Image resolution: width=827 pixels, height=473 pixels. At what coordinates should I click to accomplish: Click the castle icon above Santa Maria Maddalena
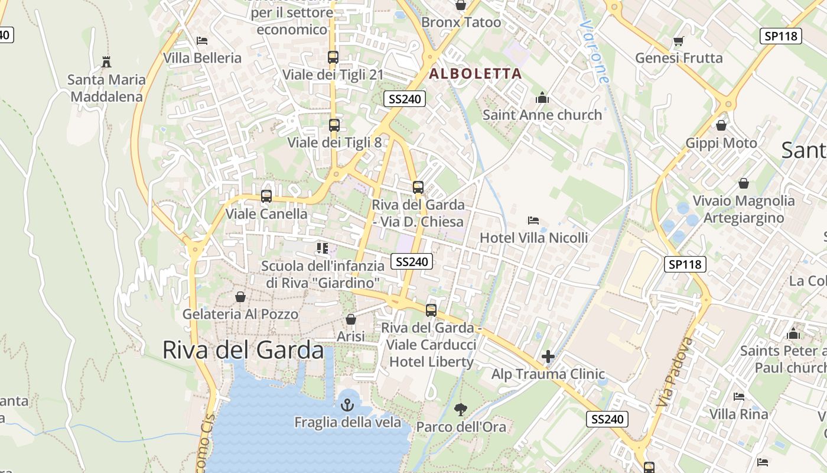(x=106, y=61)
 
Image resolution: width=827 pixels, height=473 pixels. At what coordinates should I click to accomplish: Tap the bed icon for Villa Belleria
(x=202, y=41)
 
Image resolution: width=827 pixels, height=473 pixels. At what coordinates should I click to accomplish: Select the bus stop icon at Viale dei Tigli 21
(x=333, y=57)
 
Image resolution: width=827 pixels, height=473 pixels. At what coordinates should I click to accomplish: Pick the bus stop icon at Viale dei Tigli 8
(x=334, y=125)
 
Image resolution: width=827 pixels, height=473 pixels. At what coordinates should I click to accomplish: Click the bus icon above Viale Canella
(x=266, y=196)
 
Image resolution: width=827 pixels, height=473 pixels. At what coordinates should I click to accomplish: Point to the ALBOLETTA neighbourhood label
(x=476, y=74)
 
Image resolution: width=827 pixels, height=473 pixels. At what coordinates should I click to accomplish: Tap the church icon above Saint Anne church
(x=542, y=98)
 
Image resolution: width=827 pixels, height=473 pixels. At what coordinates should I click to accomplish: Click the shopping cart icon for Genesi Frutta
(x=678, y=41)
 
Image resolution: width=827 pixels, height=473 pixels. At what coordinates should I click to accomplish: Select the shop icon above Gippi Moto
(x=721, y=125)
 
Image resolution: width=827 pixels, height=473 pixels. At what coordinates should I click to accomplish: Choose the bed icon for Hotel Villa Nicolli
(x=533, y=221)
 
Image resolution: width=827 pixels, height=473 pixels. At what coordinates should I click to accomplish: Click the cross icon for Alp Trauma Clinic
(x=548, y=357)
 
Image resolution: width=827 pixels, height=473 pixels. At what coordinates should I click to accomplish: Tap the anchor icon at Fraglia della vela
(x=347, y=405)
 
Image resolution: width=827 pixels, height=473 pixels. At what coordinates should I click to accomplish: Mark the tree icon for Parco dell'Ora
(x=461, y=409)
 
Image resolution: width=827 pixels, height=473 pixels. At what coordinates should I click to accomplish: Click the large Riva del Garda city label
(x=243, y=350)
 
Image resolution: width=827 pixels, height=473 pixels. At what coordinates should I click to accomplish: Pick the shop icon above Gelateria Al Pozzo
(x=240, y=297)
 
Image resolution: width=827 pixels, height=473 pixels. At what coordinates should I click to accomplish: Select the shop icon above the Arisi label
(x=351, y=319)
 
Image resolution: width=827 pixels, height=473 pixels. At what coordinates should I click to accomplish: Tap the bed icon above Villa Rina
(x=738, y=396)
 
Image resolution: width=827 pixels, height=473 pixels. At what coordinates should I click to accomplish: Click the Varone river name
(x=594, y=52)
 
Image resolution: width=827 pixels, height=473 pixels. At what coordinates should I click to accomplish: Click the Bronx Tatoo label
(x=461, y=22)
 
